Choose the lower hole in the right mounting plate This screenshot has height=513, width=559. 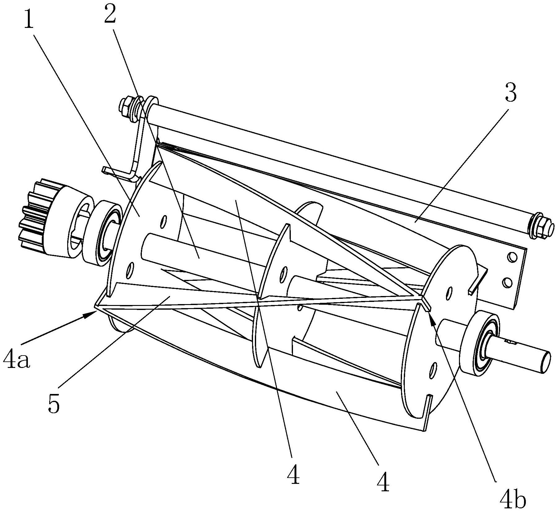coord(507,282)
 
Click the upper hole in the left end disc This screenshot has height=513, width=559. coord(163,222)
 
